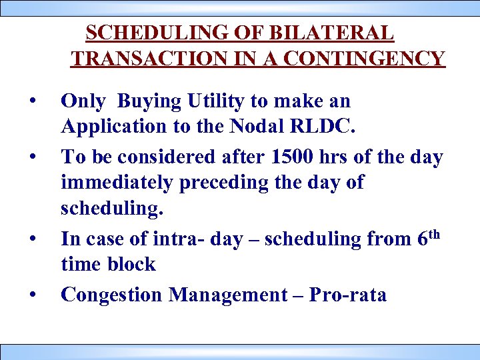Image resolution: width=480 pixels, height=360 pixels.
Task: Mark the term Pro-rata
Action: (x=347, y=294)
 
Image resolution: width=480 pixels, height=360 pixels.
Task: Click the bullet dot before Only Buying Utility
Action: (x=32, y=102)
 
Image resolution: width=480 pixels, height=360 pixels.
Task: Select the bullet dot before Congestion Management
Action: (x=32, y=294)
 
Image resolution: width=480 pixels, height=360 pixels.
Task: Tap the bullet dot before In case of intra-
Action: (x=32, y=237)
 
